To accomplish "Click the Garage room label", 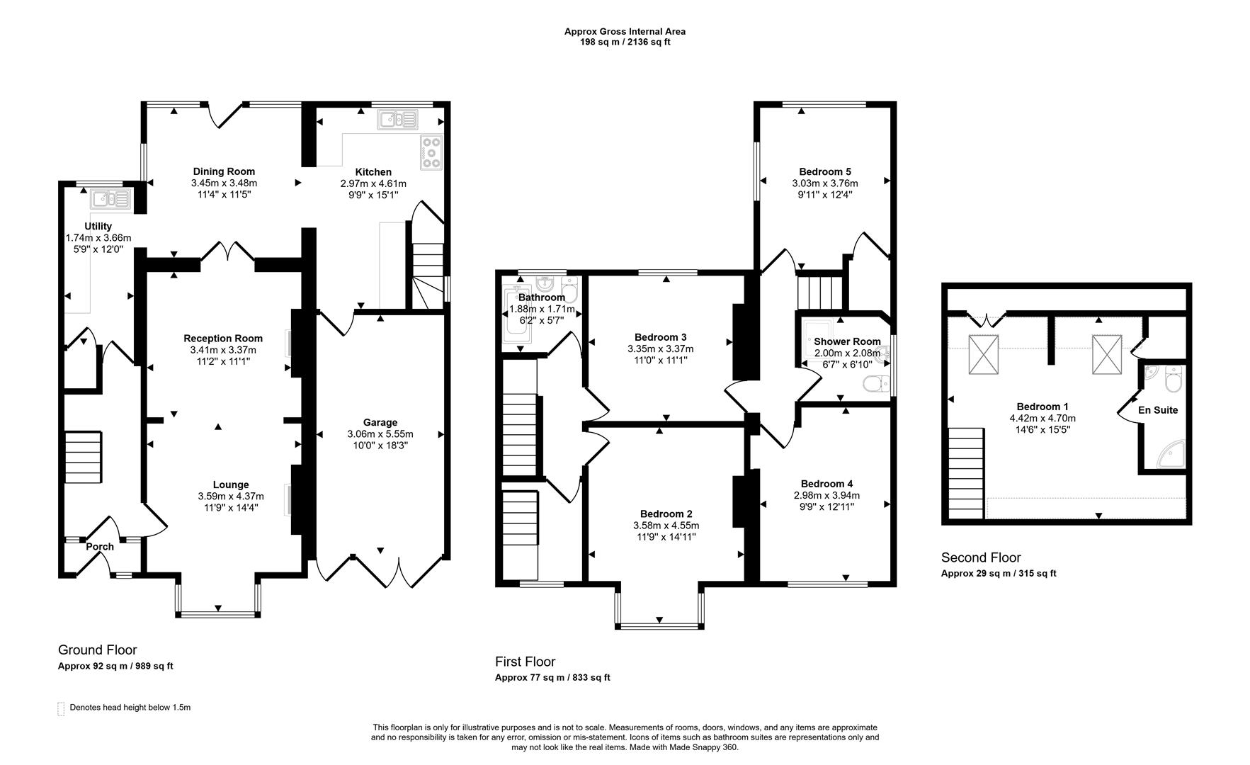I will [x=380, y=422].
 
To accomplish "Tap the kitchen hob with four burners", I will [x=431, y=152].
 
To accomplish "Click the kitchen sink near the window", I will [x=399, y=120].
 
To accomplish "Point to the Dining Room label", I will [x=224, y=171].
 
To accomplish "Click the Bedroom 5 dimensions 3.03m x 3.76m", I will [x=824, y=183].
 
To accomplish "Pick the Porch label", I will [x=100, y=546].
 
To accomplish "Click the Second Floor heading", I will [x=980, y=557].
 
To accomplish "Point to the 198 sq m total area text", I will [x=624, y=42].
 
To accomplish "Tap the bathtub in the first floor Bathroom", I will [x=516, y=317].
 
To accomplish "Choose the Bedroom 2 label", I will [x=666, y=514].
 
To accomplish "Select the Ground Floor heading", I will [x=97, y=650].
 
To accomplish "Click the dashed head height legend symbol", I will [x=61, y=708].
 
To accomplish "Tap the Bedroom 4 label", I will [x=826, y=484].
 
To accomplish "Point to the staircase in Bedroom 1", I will [x=966, y=472].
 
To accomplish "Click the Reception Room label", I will [x=222, y=338].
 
